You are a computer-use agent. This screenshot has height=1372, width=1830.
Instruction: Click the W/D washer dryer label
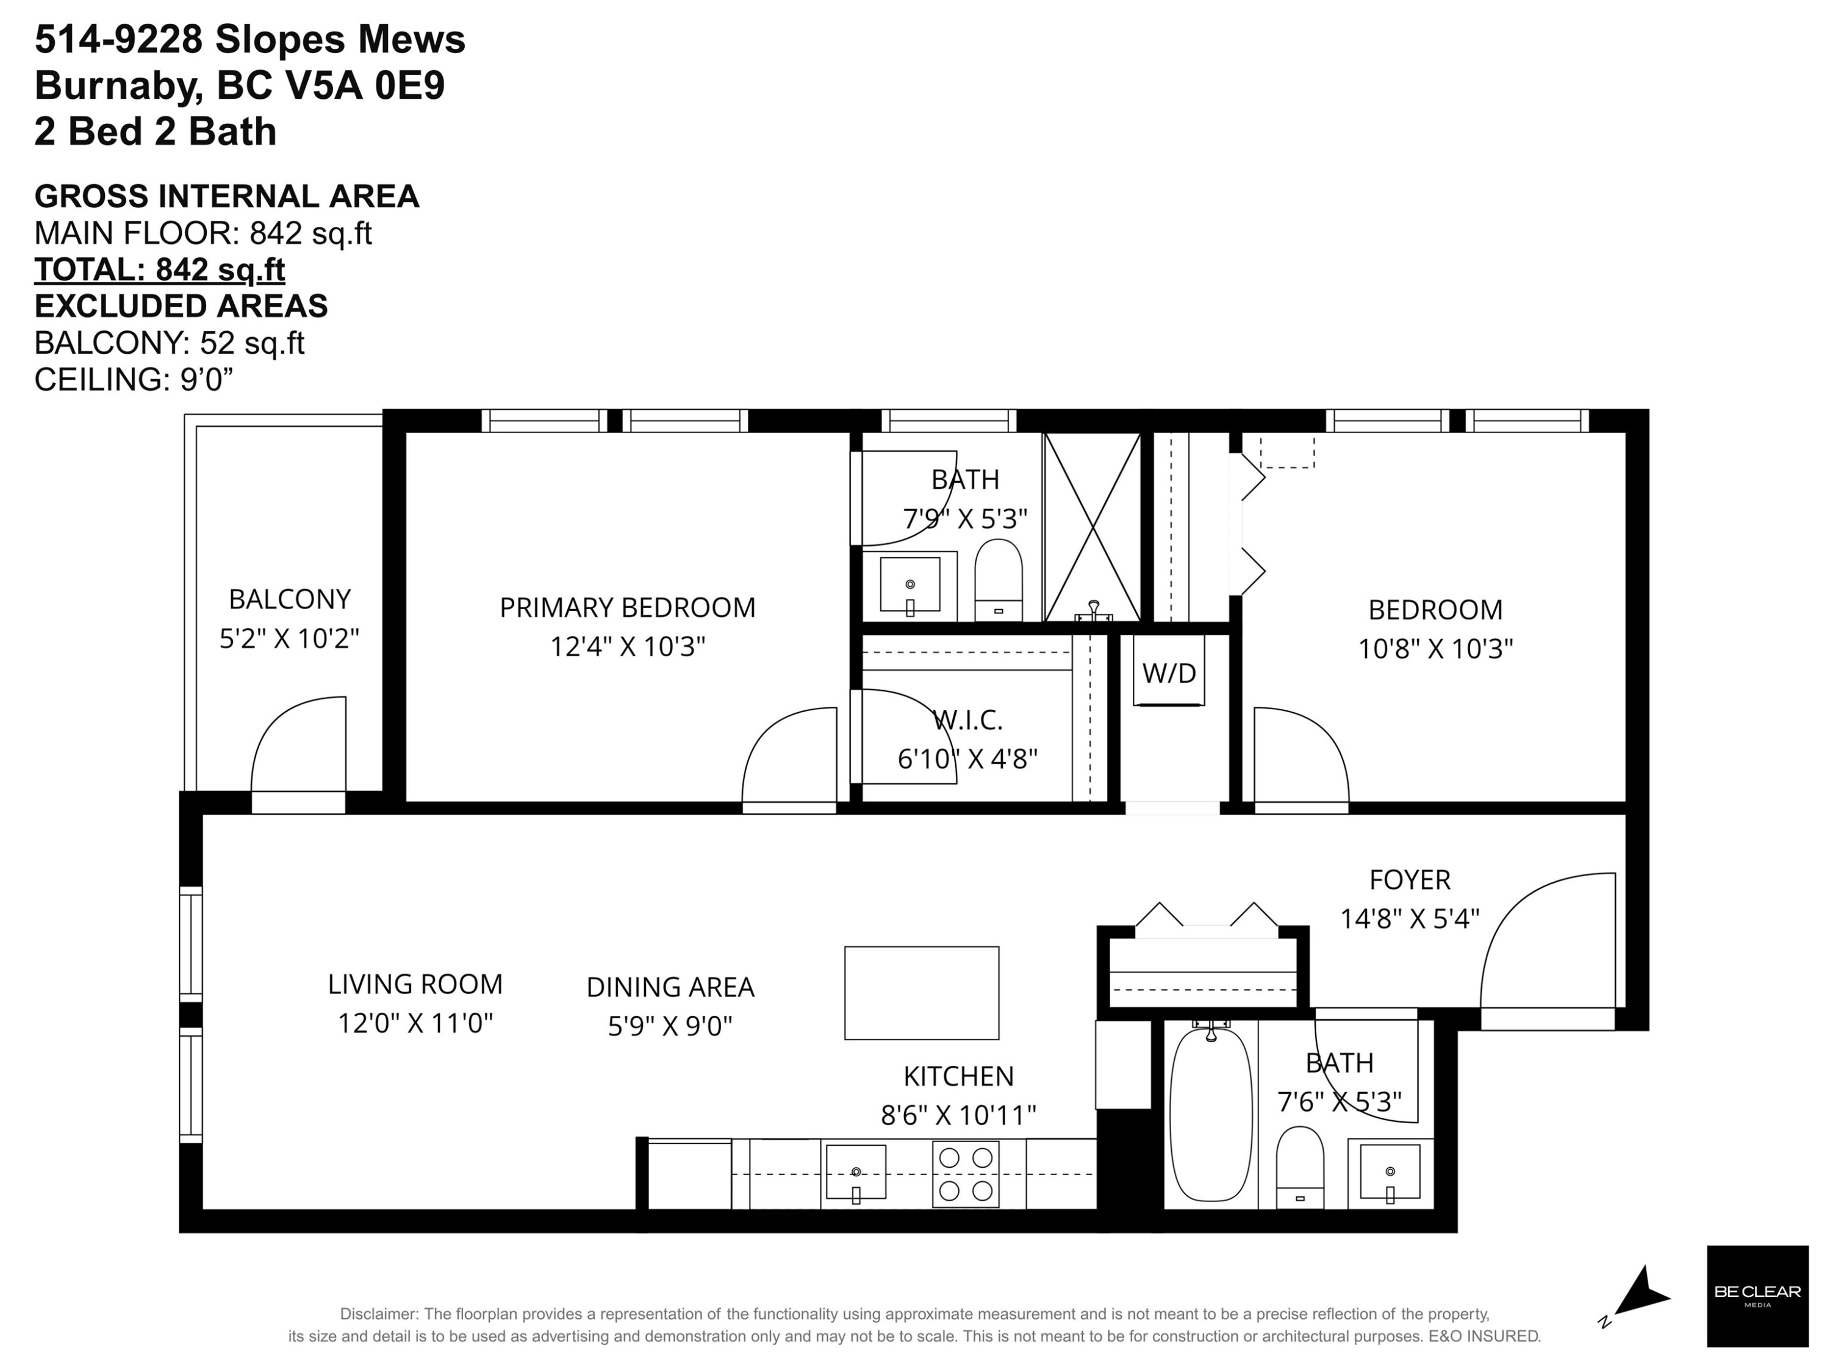pos(1168,673)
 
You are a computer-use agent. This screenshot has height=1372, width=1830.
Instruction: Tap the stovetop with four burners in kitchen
pos(966,1174)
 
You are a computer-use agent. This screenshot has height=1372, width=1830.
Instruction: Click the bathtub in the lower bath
pos(1212,1114)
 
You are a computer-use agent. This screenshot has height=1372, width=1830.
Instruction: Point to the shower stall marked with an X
pos(1092,527)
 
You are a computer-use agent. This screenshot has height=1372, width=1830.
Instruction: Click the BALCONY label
pos(290,599)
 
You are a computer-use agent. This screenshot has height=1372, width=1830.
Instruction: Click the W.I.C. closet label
pos(968,720)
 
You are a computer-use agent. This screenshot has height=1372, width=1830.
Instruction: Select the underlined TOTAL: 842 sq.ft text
pos(160,270)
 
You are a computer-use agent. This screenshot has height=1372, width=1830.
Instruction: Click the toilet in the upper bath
pos(998,579)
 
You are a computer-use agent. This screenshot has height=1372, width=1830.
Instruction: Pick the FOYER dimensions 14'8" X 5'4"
pos(1409,919)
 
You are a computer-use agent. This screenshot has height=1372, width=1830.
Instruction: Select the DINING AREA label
pos(670,987)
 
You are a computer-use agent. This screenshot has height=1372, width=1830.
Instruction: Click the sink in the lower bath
pos(1390,1173)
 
